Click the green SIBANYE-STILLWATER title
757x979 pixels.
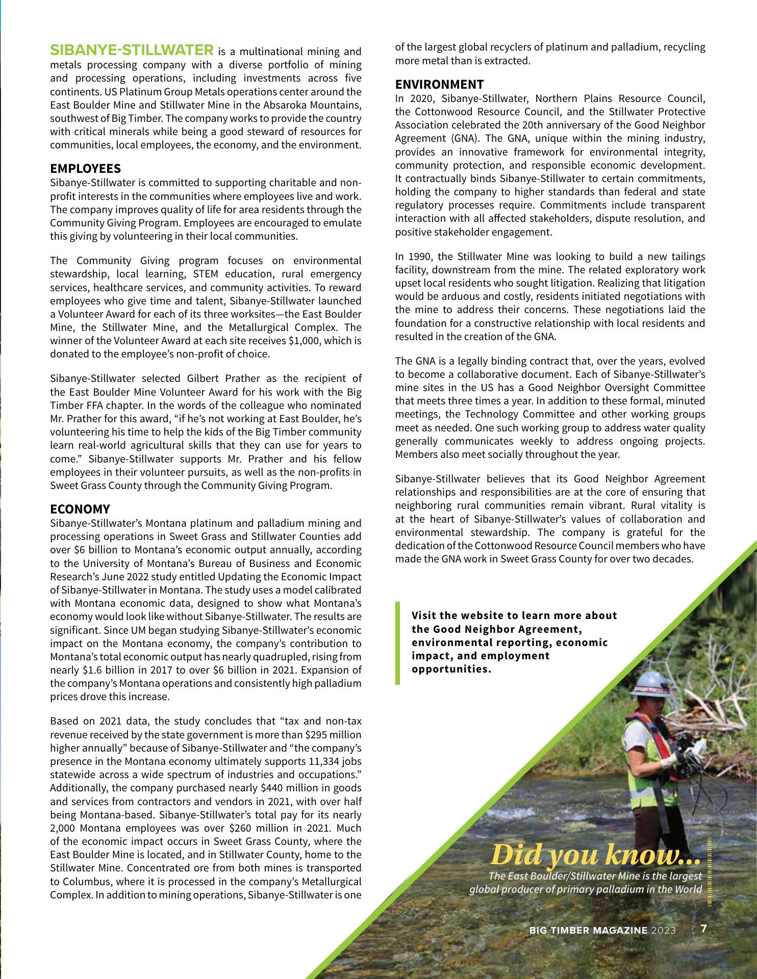click(132, 50)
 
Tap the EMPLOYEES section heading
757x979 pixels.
click(85, 169)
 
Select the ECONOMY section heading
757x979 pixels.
click(80, 509)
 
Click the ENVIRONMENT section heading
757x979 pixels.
click(439, 85)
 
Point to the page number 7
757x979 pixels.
click(703, 929)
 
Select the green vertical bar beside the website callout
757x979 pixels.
click(398, 642)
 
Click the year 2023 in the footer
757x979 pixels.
click(663, 930)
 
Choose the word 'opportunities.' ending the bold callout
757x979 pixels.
click(451, 669)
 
